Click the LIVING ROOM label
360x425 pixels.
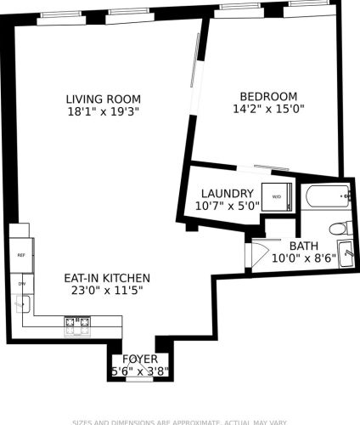pos(104,97)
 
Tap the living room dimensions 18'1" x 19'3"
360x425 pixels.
pos(104,110)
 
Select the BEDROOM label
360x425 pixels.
pos(268,96)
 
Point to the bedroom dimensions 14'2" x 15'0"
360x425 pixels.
pos(268,109)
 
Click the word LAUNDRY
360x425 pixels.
pos(224,193)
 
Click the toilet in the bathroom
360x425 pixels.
pos(340,227)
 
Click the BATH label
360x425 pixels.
pos(304,246)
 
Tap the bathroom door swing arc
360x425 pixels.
pos(260,252)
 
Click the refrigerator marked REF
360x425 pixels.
pos(20,254)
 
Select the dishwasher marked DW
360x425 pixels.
pos(20,284)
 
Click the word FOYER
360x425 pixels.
pos(139,360)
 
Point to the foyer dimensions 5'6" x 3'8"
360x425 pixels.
pos(139,372)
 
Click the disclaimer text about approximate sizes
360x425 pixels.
pos(179,422)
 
